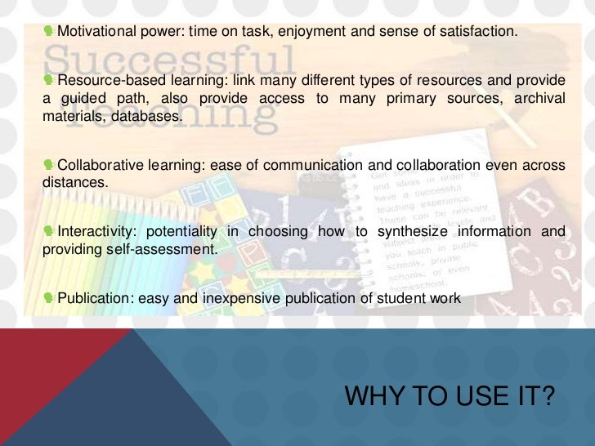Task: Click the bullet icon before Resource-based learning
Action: [x=49, y=80]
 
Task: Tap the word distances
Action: [x=74, y=183]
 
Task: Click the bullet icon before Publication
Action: [x=49, y=298]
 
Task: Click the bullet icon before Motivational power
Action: [x=49, y=32]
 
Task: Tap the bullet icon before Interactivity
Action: [x=49, y=231]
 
